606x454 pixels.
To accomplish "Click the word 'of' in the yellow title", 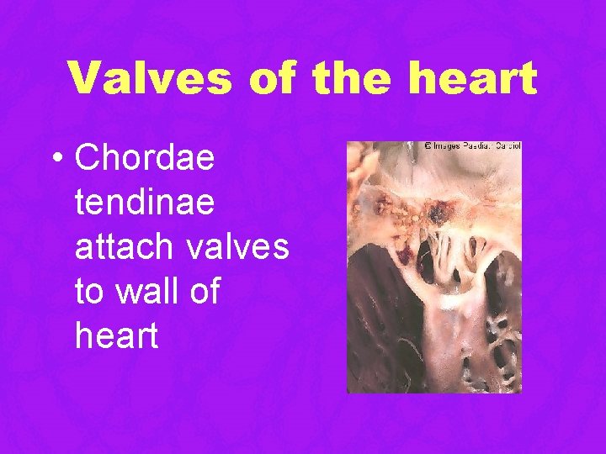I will [272, 78].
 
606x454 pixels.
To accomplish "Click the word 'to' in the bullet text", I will [88, 291].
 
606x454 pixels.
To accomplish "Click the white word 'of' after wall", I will [204, 291].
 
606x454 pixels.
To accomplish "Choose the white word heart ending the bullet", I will [116, 335].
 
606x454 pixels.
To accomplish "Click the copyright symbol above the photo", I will [428, 145].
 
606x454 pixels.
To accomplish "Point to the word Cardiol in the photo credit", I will [508, 145].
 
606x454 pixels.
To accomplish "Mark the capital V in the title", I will [85, 78].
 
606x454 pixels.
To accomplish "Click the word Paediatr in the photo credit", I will [478, 145].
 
